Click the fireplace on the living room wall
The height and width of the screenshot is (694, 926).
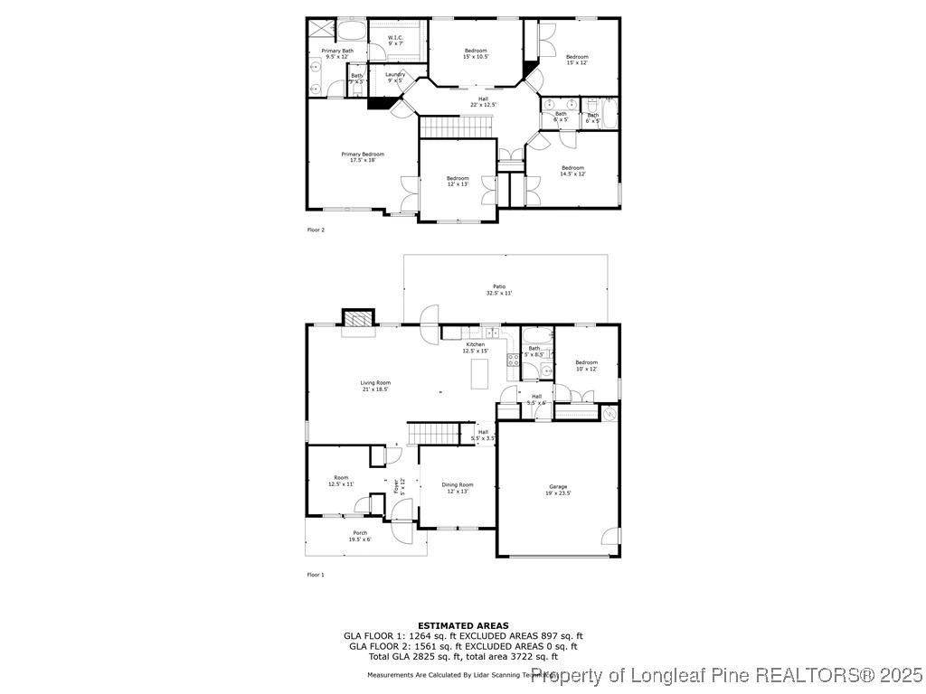(x=357, y=318)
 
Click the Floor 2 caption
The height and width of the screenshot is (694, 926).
(x=316, y=230)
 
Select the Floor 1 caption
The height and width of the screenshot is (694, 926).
(x=316, y=574)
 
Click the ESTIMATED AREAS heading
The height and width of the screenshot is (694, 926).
(x=463, y=625)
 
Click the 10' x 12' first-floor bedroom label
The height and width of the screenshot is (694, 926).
(x=587, y=365)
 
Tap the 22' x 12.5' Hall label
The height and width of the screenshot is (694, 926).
(x=483, y=101)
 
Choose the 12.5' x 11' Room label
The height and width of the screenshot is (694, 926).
(x=341, y=481)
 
